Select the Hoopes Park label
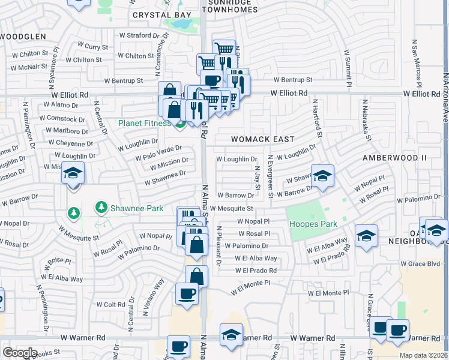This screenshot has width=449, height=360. click(x=313, y=224)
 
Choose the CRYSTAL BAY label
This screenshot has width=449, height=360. click(x=161, y=15)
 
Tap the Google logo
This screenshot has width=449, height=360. click(x=19, y=353)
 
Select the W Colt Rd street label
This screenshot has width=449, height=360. click(x=110, y=304)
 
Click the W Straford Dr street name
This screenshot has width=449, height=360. click(x=131, y=35)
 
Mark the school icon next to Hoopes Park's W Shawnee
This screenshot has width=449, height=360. click(x=322, y=176)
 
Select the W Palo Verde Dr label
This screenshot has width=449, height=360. click(x=158, y=154)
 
